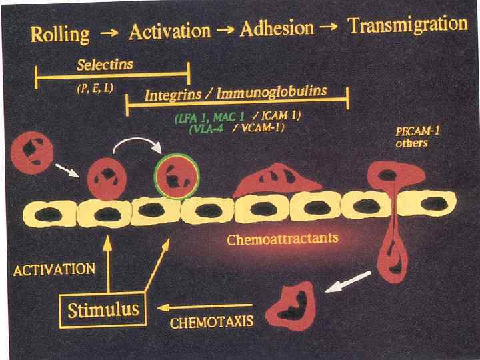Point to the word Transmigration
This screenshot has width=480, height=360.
(408, 25)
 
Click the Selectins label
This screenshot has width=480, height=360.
(105, 65)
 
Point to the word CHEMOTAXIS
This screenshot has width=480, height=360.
(211, 323)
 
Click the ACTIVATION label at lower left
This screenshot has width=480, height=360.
(54, 269)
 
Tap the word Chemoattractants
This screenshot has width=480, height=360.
(283, 238)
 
